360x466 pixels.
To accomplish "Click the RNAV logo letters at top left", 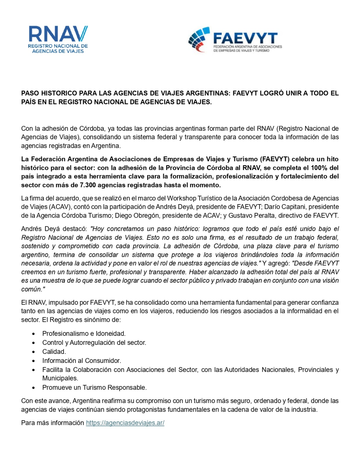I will point(58,34).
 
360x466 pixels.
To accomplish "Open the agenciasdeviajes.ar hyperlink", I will point(125,423).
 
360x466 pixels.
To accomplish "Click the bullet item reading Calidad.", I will point(54,352).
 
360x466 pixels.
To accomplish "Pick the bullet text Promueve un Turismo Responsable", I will point(94,387).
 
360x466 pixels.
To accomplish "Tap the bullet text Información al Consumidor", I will point(82,361).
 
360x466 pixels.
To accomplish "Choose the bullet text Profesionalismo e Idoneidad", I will point(84,333).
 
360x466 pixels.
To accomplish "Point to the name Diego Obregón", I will point(136,216).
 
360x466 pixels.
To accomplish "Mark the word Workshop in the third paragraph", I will point(181,198).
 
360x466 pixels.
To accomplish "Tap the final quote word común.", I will point(33,289).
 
